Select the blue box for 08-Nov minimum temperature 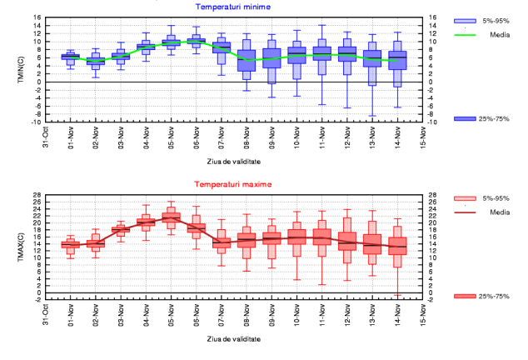coord(247,61)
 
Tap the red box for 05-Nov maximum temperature coord(171,218)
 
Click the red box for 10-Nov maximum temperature coord(297,237)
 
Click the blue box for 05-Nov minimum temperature coord(171,41)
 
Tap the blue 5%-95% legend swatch coord(465,20)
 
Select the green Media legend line coord(465,35)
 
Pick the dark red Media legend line coord(465,212)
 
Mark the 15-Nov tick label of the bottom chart coord(424,314)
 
